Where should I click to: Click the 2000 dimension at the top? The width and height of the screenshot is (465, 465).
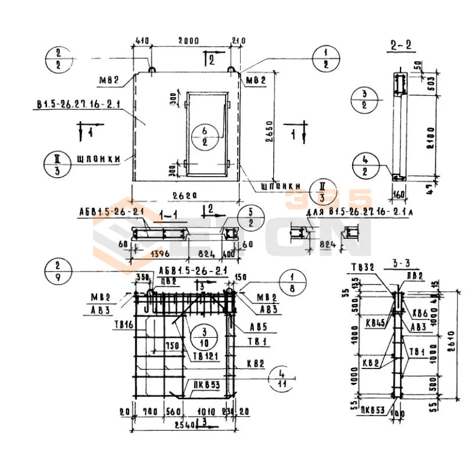(x=188, y=41)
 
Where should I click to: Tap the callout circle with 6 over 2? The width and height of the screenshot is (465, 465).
(x=205, y=134)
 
